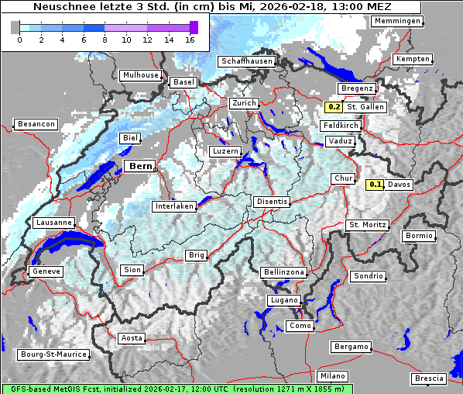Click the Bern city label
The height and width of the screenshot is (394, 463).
coord(141,166)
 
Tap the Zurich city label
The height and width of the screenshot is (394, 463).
coord(243,103)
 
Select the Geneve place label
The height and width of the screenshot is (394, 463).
coord(45,271)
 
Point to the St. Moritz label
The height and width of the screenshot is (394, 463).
coord(367,225)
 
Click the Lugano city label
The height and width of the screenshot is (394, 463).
coord(283,300)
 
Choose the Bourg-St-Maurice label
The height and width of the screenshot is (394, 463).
coord(53,355)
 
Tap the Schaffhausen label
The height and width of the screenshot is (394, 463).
coord(246,60)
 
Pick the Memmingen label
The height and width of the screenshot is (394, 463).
coord(397,21)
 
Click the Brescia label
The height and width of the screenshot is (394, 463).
coord(429,378)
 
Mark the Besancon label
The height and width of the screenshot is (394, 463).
coord(36,124)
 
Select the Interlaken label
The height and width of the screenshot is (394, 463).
coord(173,206)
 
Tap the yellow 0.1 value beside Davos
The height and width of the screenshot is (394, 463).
coord(376,185)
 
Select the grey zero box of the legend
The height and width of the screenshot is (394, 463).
coord(15,27)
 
